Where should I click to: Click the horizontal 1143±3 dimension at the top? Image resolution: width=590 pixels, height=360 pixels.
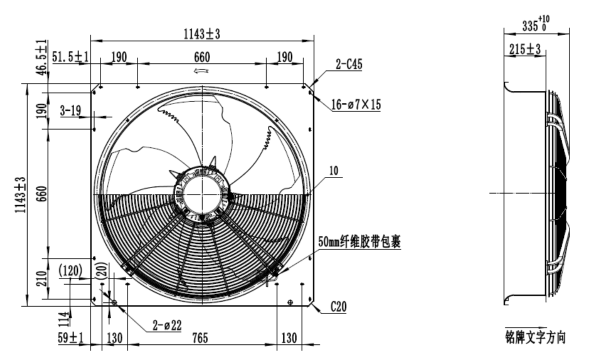202,34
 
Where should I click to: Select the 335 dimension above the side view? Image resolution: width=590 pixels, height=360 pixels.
535,24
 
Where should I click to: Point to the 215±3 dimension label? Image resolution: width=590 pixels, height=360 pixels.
525,49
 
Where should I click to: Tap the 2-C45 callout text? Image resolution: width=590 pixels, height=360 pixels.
349,64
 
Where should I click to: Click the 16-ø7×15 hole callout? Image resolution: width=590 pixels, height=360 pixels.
356,104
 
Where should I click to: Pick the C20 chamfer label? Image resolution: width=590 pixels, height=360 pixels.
338,307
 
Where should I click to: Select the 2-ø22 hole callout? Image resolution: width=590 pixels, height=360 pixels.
167,325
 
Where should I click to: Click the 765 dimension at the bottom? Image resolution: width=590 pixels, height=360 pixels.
200,338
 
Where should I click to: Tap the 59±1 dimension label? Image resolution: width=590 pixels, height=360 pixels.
70,338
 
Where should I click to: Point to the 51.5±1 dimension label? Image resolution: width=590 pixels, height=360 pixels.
70,57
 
